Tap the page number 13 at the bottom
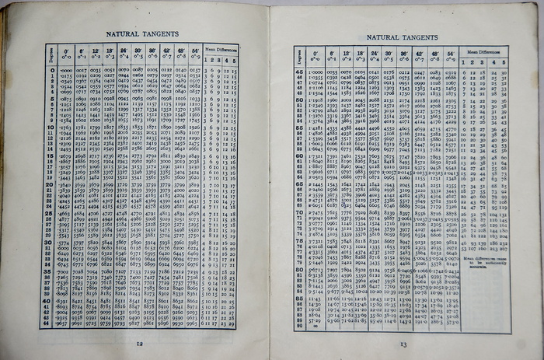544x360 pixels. [x=403, y=344]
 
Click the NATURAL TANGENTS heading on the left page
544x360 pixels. [x=140, y=35]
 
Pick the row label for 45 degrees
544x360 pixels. [x=298, y=72]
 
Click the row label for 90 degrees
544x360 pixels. [x=299, y=327]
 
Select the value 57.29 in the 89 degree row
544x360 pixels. [x=314, y=320]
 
